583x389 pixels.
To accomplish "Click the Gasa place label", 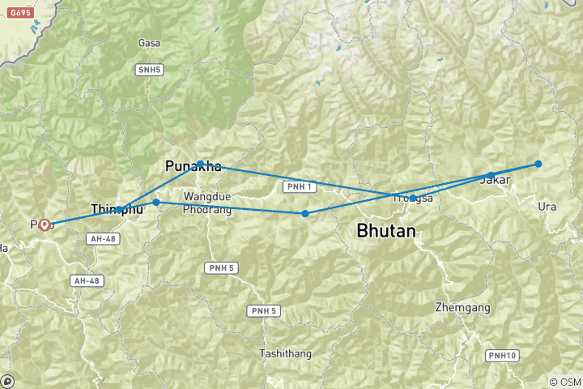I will click(x=148, y=43).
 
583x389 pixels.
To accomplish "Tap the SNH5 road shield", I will click(x=149, y=71).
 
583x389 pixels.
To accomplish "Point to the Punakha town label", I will click(x=193, y=166).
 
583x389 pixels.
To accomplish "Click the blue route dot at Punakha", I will click(x=201, y=164).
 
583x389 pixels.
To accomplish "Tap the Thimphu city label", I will click(x=117, y=210).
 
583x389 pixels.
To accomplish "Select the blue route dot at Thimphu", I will click(x=120, y=210).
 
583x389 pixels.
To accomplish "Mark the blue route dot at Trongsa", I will click(x=413, y=198).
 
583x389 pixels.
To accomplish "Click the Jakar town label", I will click(x=495, y=181).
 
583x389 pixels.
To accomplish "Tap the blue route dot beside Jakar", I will click(x=491, y=175).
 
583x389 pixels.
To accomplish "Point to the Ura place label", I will click(x=547, y=207).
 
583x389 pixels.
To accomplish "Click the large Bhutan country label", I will click(x=386, y=232).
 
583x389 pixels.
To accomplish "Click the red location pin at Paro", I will click(x=45, y=224).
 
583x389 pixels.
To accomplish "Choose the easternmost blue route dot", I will click(x=538, y=164).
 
